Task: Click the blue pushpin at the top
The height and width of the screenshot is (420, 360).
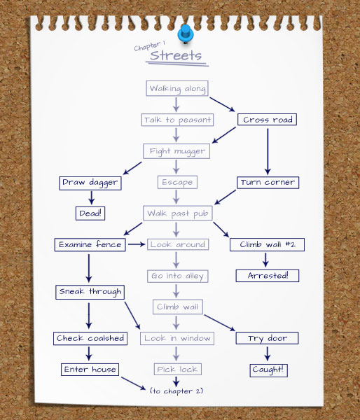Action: [x=185, y=34]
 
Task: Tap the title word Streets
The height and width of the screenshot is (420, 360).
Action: [x=176, y=55]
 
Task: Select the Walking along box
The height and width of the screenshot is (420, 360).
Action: [x=177, y=88]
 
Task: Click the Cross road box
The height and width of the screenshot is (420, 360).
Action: [x=267, y=120]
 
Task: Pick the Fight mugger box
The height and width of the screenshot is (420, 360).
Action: [x=176, y=151]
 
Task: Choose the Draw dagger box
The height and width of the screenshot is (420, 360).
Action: [x=90, y=183]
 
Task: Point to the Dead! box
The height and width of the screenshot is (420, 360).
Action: [x=90, y=213]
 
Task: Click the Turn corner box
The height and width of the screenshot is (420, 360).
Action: [x=268, y=183]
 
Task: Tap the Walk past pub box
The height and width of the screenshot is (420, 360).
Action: [x=178, y=213]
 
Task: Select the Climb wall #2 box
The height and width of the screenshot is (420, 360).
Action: [x=267, y=244]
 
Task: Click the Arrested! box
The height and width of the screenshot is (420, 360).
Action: [x=268, y=276]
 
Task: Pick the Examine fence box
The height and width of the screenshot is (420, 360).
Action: [x=90, y=245]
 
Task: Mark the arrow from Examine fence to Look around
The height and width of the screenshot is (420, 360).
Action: [x=137, y=244]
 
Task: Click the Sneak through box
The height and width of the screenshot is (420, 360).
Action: [x=90, y=292]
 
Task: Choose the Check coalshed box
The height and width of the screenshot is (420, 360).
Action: [x=90, y=339]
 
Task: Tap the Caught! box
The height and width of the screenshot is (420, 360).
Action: [x=268, y=370]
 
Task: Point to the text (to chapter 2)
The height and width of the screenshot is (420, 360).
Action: [x=176, y=391]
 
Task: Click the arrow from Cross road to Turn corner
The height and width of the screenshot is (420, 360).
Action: [x=268, y=152]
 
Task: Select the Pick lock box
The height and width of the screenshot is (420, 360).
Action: [x=177, y=370]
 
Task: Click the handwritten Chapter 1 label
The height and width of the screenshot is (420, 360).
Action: [x=150, y=45]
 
